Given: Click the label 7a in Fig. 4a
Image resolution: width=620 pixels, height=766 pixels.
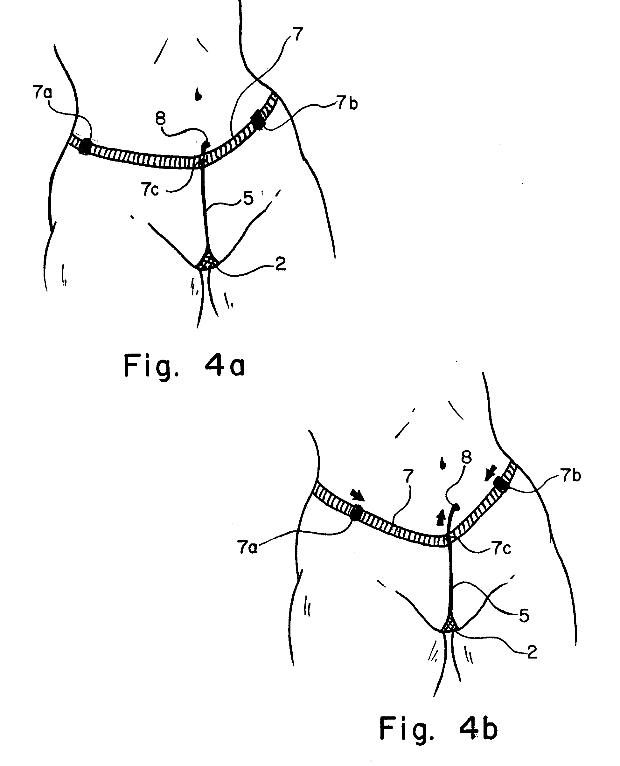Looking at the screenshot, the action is point(43,93).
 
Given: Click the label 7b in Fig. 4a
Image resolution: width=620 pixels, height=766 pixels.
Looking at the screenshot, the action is point(347,104).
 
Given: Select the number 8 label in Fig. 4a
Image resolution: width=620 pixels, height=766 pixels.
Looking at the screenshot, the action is point(161,118).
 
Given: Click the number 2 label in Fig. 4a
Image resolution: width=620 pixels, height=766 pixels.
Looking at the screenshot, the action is point(280,264).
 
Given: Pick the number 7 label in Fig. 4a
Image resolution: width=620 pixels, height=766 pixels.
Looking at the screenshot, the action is point(297,34).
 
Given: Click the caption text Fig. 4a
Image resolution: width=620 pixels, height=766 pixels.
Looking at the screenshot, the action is point(184,365).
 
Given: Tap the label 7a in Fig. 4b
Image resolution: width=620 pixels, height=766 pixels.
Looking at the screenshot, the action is point(247,547).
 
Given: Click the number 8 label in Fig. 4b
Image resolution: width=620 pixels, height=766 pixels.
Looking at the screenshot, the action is point(466,457).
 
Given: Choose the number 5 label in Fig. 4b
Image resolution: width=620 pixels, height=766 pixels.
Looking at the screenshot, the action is point(524,616).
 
